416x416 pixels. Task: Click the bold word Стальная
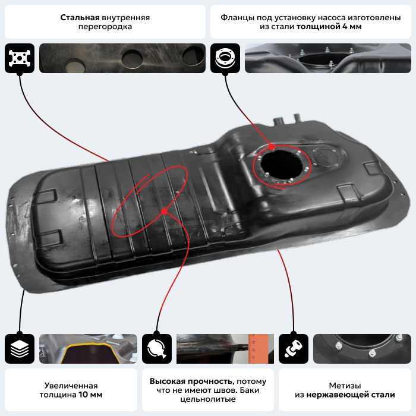(x=80, y=17)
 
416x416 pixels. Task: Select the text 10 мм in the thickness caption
(x=90, y=395)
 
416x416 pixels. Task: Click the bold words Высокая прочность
(x=191, y=382)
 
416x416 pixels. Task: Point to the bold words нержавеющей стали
(x=351, y=395)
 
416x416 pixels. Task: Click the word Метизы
(x=345, y=386)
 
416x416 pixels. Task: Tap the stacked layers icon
(x=20, y=349)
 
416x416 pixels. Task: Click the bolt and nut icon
(x=294, y=349)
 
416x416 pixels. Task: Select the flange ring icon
(x=225, y=58)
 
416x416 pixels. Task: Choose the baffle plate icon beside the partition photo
(x=20, y=58)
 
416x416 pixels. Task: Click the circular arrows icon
(x=157, y=349)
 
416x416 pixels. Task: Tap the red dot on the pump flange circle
(x=272, y=147)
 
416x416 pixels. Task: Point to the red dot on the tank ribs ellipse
(x=165, y=211)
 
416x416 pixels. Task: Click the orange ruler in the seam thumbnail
(x=258, y=349)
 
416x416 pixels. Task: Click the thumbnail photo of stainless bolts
(x=362, y=349)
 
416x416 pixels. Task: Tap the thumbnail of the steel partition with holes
(x=122, y=58)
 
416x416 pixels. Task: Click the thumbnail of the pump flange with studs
(x=328, y=58)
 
